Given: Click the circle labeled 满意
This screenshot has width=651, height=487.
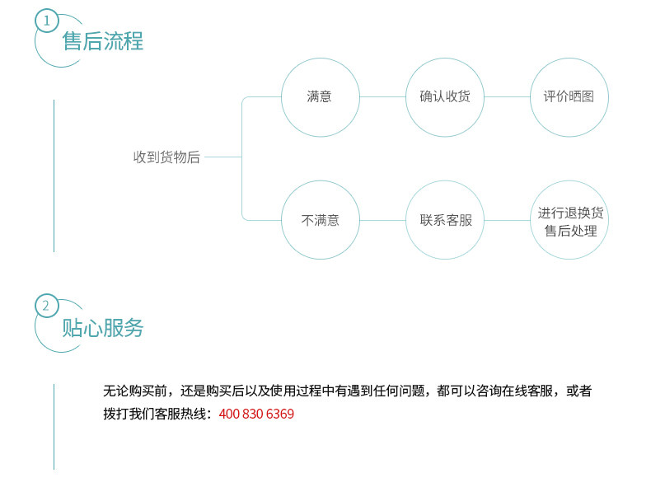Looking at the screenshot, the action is (x=320, y=97).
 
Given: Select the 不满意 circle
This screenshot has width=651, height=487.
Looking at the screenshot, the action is (x=320, y=220).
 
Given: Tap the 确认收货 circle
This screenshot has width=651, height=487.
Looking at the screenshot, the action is (x=445, y=97).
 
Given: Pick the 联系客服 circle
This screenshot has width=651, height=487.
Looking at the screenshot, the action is (x=445, y=220).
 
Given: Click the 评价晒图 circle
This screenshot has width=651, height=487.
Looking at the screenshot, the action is (x=569, y=97).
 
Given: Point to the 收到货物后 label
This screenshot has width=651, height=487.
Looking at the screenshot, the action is (x=166, y=157).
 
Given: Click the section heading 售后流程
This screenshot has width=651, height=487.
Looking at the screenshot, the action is (x=103, y=40).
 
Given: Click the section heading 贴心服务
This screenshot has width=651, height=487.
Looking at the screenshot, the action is (x=103, y=328).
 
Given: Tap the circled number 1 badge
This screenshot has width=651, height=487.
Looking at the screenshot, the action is (x=47, y=20).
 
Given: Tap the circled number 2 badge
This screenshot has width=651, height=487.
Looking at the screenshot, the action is (x=47, y=307).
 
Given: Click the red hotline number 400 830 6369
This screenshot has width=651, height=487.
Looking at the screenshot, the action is (x=256, y=414).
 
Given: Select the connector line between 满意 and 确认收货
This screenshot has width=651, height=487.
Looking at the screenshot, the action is (x=382, y=97).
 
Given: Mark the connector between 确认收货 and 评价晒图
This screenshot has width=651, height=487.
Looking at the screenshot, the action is (x=507, y=97).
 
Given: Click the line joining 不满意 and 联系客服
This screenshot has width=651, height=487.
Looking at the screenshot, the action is (x=382, y=220).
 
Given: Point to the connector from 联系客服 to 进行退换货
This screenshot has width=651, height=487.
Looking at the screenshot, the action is (x=507, y=220).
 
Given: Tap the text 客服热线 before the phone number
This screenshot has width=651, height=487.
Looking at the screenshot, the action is (x=185, y=414).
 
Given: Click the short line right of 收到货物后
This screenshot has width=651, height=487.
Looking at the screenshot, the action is (x=222, y=157).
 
